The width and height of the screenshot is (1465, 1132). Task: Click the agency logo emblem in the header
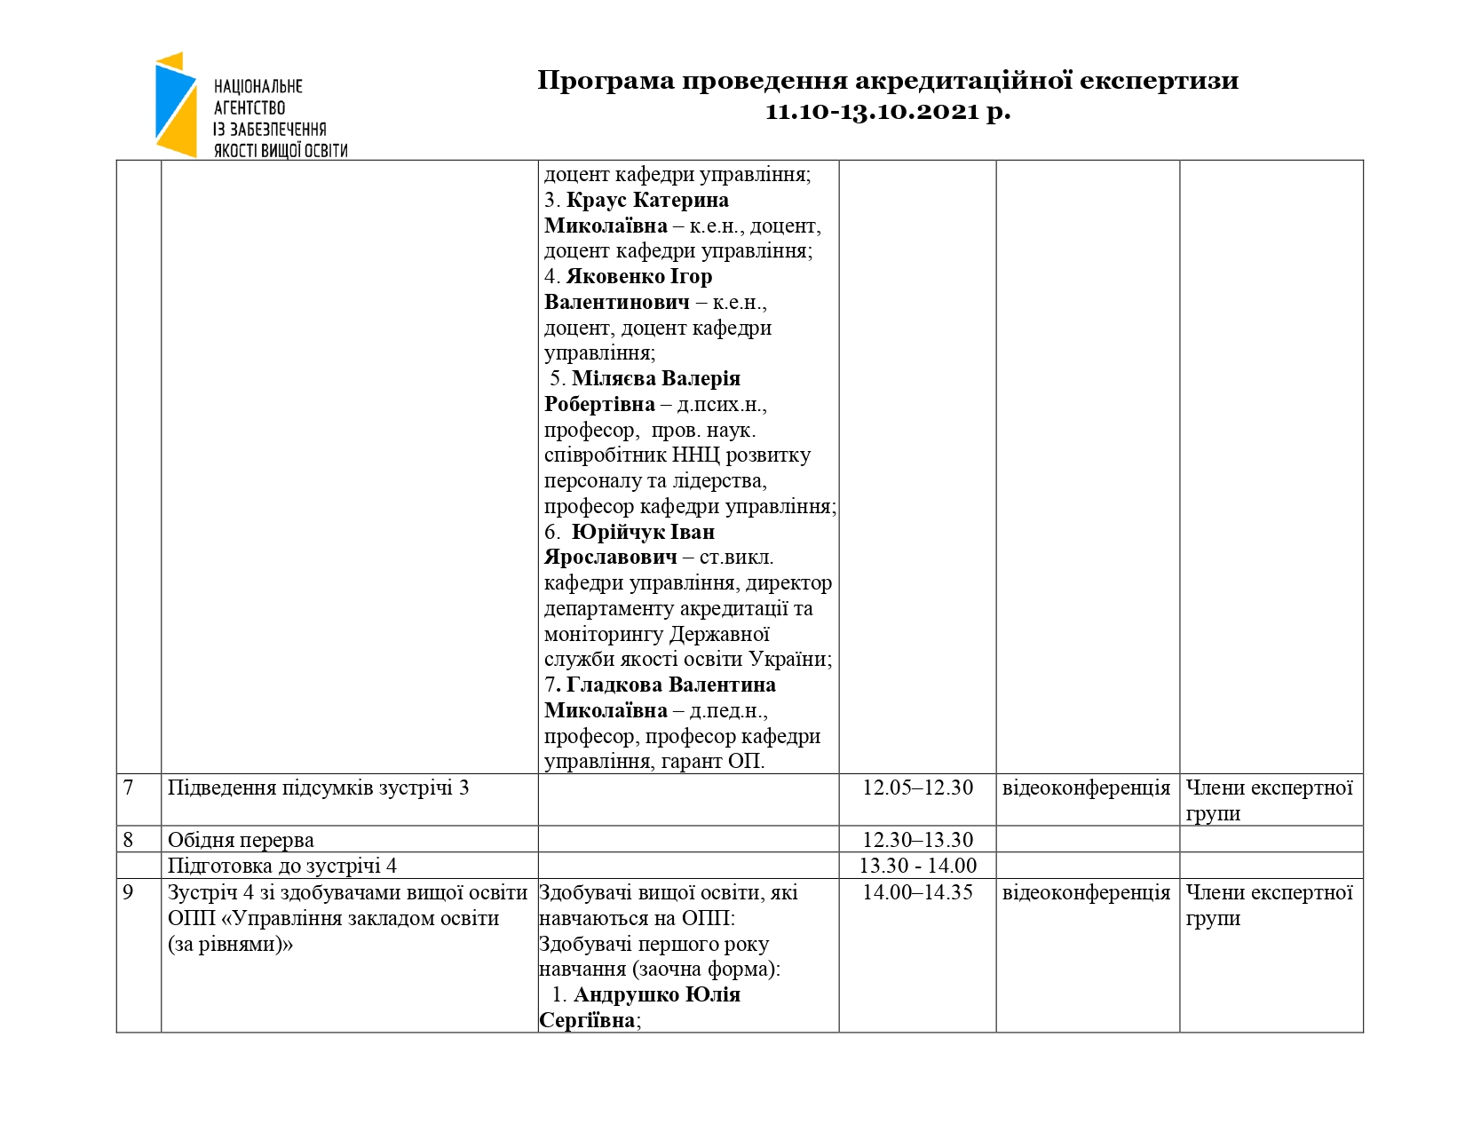tap(176, 105)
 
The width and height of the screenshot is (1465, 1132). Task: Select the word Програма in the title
tap(606, 81)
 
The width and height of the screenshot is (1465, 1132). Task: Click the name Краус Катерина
tap(647, 200)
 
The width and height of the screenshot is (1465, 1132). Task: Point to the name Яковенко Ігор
tap(639, 277)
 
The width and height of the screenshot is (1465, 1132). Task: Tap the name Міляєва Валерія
tap(656, 378)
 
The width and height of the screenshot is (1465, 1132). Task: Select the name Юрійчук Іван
tap(643, 532)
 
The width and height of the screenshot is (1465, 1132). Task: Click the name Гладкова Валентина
tap(671, 685)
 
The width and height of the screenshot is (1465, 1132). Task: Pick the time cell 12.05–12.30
tap(917, 788)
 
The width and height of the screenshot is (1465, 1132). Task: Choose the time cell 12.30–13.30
tap(917, 839)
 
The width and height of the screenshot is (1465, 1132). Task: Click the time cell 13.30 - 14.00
tap(917, 866)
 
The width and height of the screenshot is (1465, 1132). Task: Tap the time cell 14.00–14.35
tap(917, 892)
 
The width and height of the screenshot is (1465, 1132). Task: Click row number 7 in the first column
tap(129, 788)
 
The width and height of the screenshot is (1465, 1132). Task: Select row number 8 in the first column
tap(129, 839)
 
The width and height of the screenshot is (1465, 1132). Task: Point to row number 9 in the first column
tap(129, 892)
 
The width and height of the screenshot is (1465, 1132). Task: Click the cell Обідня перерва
tap(241, 840)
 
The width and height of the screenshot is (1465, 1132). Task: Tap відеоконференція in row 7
tap(1086, 788)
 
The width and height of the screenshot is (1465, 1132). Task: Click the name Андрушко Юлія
tap(657, 994)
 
